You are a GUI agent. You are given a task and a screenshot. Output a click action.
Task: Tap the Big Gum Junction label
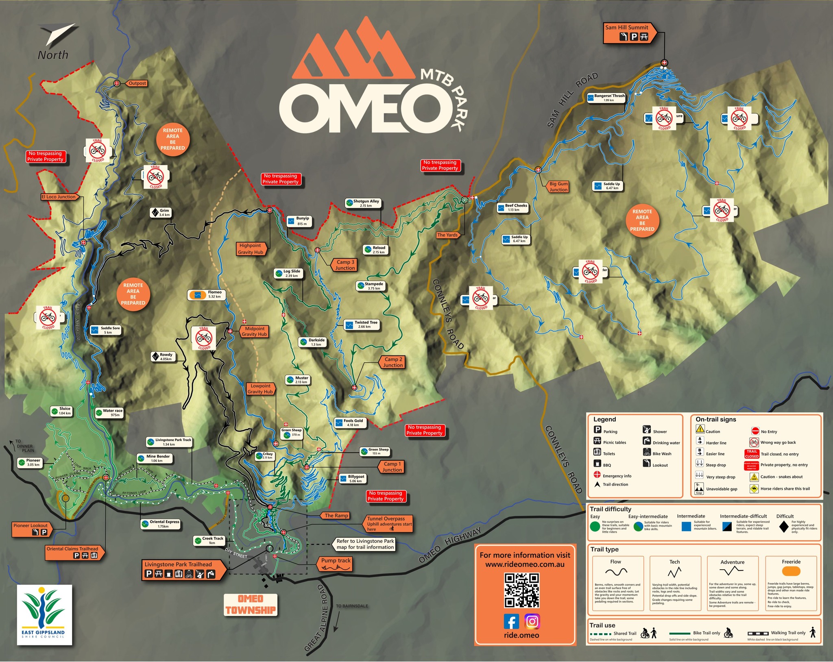pos(558,187)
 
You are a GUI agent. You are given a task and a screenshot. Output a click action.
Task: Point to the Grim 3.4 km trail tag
pos(161,213)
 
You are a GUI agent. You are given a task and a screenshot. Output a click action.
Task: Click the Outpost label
pos(137,83)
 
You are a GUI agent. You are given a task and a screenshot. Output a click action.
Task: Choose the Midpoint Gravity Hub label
pos(254,331)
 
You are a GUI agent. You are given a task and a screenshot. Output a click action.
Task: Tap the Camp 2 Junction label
pos(393,362)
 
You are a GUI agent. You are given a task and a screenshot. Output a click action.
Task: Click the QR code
pos(522,590)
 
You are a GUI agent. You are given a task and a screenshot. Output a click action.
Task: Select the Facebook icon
pos(511,621)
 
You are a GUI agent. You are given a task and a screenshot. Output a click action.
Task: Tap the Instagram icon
pos(532,621)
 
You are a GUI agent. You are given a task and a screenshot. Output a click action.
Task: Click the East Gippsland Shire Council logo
pos(44,615)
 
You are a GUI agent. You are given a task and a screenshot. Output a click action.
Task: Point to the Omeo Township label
pos(251,605)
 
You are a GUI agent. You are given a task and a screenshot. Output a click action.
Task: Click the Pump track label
pos(336,563)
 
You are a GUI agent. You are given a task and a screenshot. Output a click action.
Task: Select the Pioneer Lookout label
pos(31,529)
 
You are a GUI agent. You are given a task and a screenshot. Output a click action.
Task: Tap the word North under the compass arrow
pos(53,55)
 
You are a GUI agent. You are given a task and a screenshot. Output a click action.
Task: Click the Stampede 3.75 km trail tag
pos(371,286)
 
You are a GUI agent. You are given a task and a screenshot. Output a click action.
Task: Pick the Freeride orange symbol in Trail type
pos(791,571)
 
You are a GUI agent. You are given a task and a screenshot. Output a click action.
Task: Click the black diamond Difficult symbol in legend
pos(784,527)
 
